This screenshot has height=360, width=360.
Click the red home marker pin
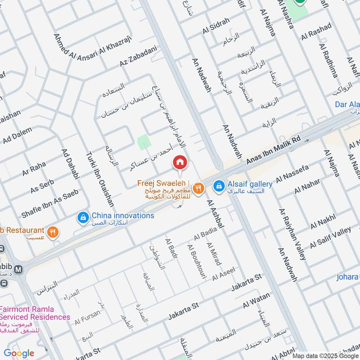(x=180, y=162)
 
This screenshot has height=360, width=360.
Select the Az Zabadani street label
(x=138, y=58)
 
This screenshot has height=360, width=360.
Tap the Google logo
(x=19, y=353)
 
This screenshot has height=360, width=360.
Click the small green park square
(x=144, y=142)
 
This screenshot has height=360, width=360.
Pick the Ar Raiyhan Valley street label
(x=292, y=234)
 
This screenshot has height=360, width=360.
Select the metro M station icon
(x=18, y=270)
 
